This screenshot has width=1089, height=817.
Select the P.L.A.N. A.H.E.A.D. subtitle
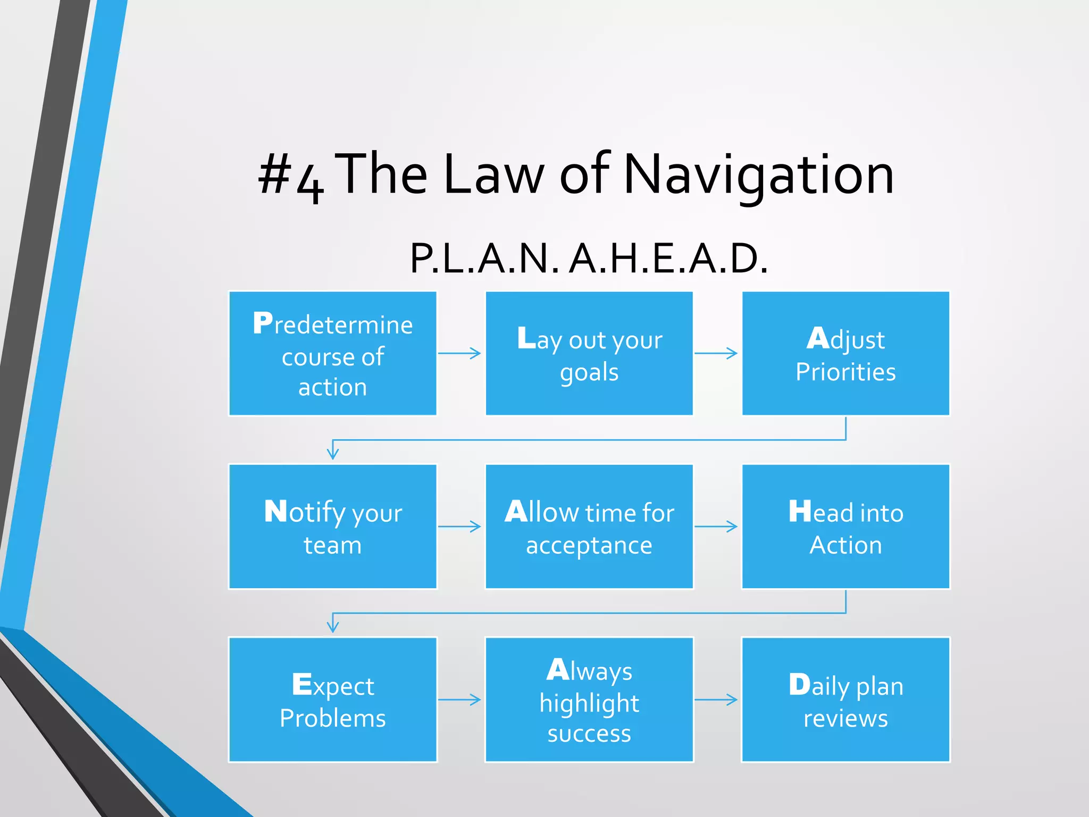(x=589, y=259)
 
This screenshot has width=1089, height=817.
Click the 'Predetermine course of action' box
(x=333, y=354)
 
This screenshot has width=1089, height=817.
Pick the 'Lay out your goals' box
(x=589, y=354)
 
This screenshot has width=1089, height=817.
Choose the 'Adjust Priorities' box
(x=845, y=354)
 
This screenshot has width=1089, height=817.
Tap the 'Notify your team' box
(x=333, y=527)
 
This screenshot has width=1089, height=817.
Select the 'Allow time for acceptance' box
(x=589, y=527)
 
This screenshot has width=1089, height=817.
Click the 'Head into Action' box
(x=845, y=527)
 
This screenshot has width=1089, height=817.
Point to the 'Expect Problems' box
(x=333, y=699)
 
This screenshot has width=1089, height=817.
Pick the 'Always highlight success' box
(x=589, y=699)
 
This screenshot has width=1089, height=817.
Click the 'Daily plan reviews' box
(x=845, y=699)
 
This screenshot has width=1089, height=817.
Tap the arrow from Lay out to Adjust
(x=716, y=353)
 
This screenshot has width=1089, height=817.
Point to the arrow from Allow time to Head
(x=716, y=527)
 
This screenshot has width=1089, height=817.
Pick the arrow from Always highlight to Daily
(x=716, y=699)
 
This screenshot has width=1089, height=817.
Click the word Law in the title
(x=494, y=174)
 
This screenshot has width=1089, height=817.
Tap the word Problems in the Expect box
(x=333, y=719)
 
